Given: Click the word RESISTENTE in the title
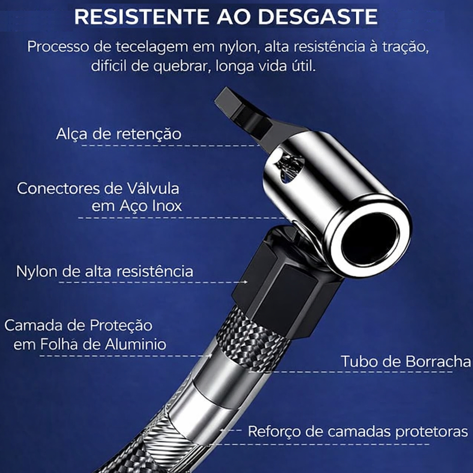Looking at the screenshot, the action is [x=141, y=16].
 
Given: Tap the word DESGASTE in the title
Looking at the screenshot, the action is [x=318, y=16].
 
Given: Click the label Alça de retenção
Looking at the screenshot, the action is [x=119, y=134].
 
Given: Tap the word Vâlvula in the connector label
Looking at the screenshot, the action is [x=153, y=188].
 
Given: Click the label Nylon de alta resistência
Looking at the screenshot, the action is [x=104, y=271].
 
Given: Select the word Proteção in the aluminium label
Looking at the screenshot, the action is [x=121, y=326].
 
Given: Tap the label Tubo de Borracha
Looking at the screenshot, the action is [x=406, y=362].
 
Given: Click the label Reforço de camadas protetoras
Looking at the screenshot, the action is [x=358, y=431].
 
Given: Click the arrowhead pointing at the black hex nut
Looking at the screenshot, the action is [x=246, y=282].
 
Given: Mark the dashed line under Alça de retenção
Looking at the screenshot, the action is [x=171, y=145].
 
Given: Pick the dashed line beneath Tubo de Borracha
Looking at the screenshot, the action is [x=350, y=372].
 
